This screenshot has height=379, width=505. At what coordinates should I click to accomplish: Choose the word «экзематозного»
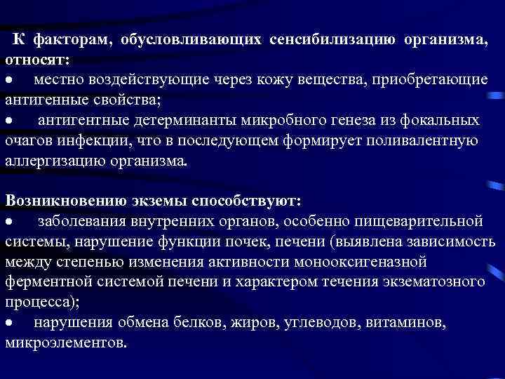(438, 282)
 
